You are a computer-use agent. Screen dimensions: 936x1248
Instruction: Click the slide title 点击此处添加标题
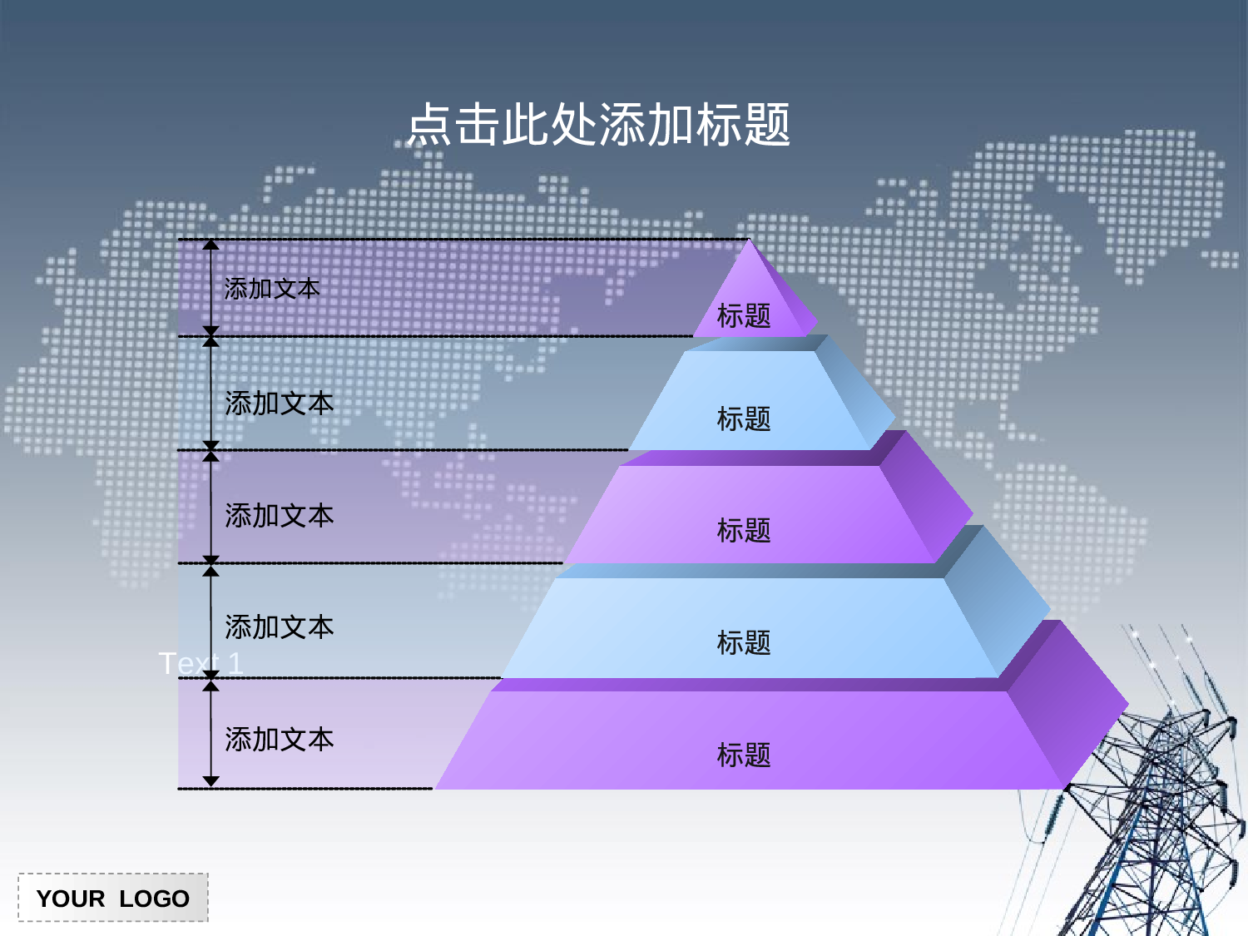pyautogui.click(x=599, y=125)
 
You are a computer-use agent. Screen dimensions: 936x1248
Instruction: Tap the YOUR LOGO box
pyautogui.click(x=113, y=898)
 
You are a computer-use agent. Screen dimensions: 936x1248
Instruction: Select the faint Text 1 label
pyautogui.click(x=201, y=663)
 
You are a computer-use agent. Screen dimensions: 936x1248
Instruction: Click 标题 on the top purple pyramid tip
pyautogui.click(x=744, y=316)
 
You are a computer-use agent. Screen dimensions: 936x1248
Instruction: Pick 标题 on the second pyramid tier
pyautogui.click(x=744, y=418)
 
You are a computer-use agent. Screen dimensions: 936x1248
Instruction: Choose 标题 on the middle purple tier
pyautogui.click(x=744, y=530)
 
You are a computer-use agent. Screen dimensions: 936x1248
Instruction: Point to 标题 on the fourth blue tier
pyautogui.click(x=744, y=642)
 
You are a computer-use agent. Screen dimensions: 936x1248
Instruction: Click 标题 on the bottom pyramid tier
pyautogui.click(x=744, y=755)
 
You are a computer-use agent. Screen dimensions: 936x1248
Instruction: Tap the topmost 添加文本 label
pyautogui.click(x=272, y=289)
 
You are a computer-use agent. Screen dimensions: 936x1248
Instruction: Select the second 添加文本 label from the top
pyautogui.click(x=279, y=404)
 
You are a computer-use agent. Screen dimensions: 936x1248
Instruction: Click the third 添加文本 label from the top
pyautogui.click(x=279, y=516)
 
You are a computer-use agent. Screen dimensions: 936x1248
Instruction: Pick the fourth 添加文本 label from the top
pyautogui.click(x=279, y=627)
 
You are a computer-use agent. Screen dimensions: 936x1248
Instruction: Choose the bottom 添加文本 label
pyautogui.click(x=279, y=740)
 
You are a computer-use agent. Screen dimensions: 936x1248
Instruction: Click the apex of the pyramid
pyautogui.click(x=749, y=241)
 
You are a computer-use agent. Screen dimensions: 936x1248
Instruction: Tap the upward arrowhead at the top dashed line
pyautogui.click(x=211, y=245)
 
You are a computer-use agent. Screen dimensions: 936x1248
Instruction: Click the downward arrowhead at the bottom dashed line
pyautogui.click(x=211, y=781)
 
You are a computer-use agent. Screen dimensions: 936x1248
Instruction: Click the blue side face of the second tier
pyautogui.click(x=857, y=391)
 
